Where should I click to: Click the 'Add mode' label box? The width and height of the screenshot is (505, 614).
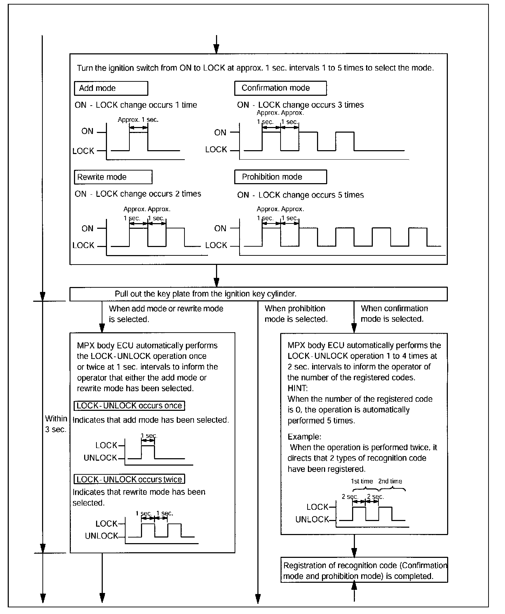pyautogui.click(x=111, y=88)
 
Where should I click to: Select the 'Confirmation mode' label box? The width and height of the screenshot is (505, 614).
pyautogui.click(x=280, y=88)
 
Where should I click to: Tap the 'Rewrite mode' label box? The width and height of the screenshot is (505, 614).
pyautogui.click(x=113, y=177)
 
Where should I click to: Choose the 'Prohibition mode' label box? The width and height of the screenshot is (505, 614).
pyautogui.click(x=280, y=177)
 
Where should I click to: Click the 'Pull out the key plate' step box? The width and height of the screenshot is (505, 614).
pyautogui.click(x=258, y=294)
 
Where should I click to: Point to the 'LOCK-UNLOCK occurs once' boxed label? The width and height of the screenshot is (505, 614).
pyautogui.click(x=129, y=406)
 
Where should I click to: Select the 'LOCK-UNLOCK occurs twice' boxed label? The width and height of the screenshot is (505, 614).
pyautogui.click(x=129, y=479)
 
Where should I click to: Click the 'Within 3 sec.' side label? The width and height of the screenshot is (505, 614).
pyautogui.click(x=56, y=424)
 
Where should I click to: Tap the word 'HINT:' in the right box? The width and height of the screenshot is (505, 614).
pyautogui.click(x=298, y=388)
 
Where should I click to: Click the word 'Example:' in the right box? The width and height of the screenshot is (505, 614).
pyautogui.click(x=304, y=437)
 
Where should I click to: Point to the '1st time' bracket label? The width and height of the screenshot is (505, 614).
pyautogui.click(x=362, y=481)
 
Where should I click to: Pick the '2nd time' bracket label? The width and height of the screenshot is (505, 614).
pyautogui.click(x=390, y=481)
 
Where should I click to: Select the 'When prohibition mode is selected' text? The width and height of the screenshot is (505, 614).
pyautogui.click(x=296, y=314)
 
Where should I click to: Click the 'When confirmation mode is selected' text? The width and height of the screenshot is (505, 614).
pyautogui.click(x=394, y=314)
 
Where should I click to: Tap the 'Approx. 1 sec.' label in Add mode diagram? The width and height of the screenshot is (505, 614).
pyautogui.click(x=138, y=120)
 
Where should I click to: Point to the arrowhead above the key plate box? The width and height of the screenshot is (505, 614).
pyautogui.click(x=216, y=283)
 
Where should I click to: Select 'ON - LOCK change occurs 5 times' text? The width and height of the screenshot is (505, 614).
pyautogui.click(x=301, y=195)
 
